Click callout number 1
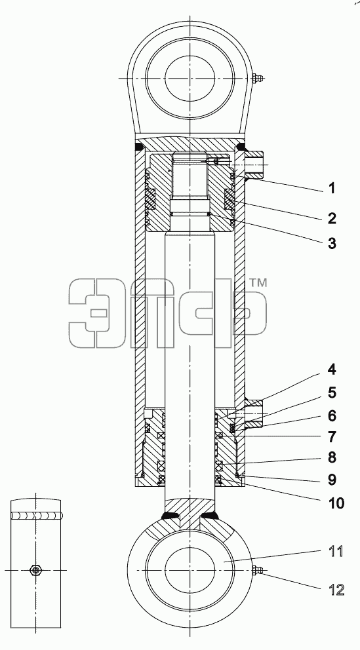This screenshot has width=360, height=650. tap(331, 189)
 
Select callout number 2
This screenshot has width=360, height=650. tap(331, 218)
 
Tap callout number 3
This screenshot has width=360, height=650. tap(331, 243)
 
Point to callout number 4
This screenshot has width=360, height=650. tap(331, 370)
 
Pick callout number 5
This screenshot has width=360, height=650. tap(331, 393)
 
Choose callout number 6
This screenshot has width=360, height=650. tap(331, 416)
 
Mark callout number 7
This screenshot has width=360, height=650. tap(331, 437)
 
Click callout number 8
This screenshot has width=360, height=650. tap(331, 457)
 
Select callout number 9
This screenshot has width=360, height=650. tap(331, 480)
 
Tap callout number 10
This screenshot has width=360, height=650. tap(335, 503)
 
